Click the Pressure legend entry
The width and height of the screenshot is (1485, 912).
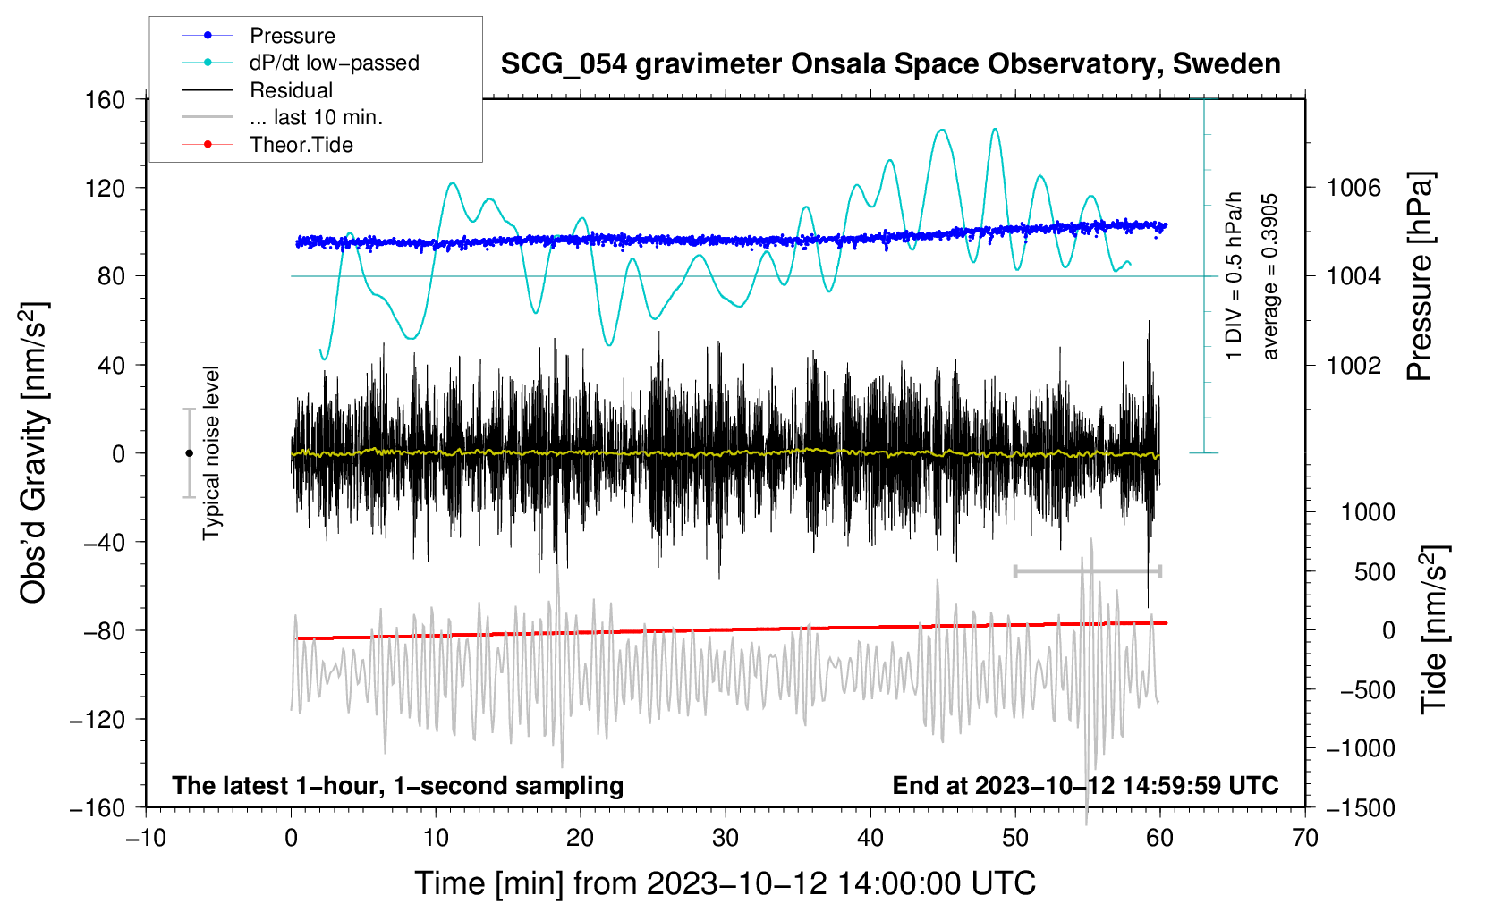(x=259, y=35)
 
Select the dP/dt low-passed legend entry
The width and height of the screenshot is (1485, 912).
(x=301, y=63)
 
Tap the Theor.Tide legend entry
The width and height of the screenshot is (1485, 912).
(x=267, y=145)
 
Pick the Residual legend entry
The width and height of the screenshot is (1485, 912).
(x=258, y=90)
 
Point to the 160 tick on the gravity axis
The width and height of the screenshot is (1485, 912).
(x=106, y=100)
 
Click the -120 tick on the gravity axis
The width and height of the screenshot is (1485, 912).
(x=98, y=719)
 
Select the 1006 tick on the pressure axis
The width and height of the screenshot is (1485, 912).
(x=1353, y=188)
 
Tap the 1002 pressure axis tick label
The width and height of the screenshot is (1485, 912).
(x=1353, y=365)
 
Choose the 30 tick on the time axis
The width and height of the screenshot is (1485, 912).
(x=726, y=839)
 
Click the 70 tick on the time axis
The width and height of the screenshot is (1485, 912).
(x=1304, y=839)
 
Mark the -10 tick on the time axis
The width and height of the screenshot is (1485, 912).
(x=146, y=839)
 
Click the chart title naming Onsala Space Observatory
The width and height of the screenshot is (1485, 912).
(x=890, y=64)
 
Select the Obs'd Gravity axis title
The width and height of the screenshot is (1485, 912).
(x=33, y=452)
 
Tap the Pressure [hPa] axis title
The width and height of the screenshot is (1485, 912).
(x=1420, y=277)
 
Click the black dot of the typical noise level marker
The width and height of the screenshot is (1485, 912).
(x=189, y=453)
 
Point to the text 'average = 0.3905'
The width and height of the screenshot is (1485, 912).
(x=1269, y=277)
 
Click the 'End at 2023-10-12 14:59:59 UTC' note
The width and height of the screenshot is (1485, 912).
(x=1085, y=785)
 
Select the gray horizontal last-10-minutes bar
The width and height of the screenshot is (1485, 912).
(x=1087, y=570)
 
